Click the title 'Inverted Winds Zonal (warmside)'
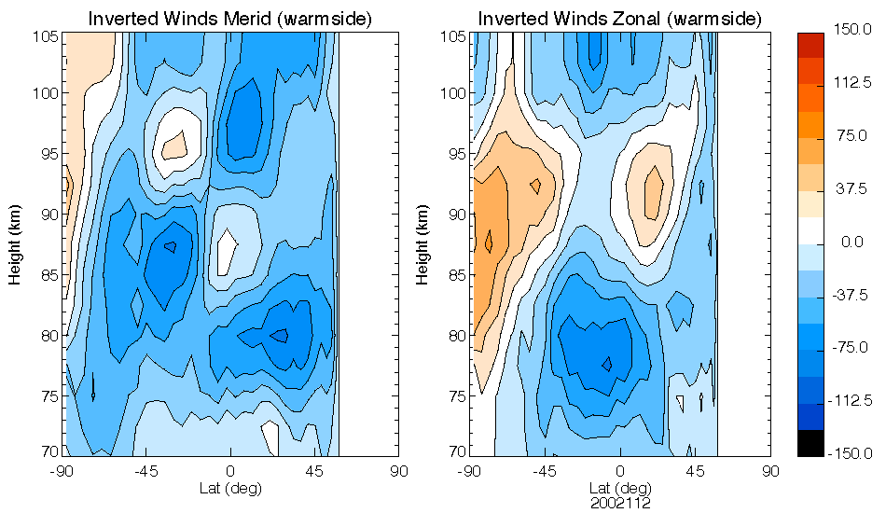620,19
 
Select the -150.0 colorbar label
851,453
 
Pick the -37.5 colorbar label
851,296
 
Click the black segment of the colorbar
810,443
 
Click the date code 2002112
619,503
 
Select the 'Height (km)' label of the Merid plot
16,243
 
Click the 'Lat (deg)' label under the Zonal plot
619,489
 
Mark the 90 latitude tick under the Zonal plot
770,471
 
